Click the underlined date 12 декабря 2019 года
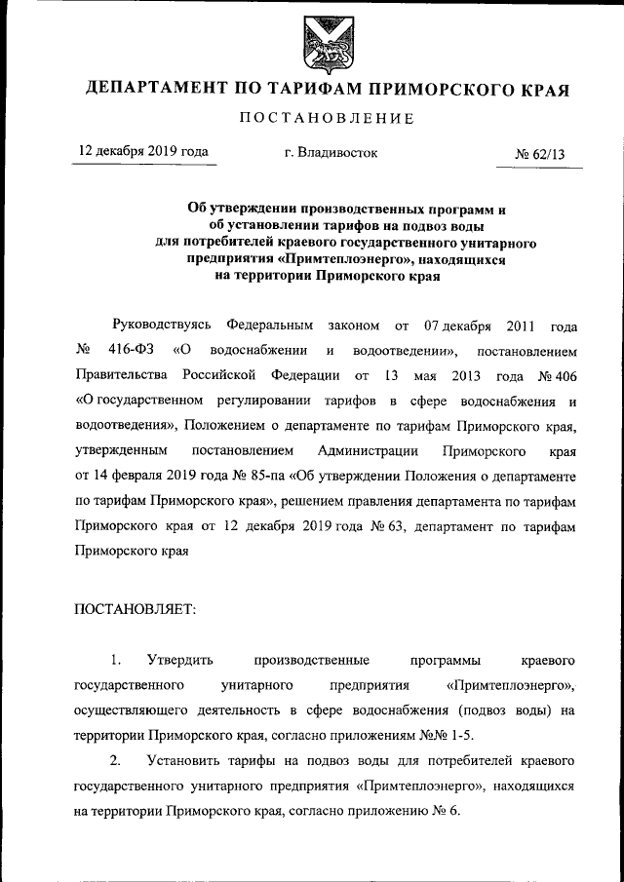(143, 152)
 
